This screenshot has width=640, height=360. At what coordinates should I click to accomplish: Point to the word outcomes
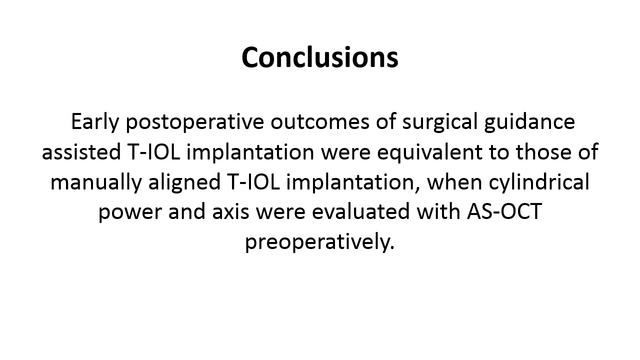click(x=320, y=121)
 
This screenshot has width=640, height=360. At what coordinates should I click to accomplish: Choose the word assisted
click(x=81, y=151)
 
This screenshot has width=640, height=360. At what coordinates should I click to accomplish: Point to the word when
click(x=455, y=181)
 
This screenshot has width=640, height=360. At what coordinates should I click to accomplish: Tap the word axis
click(x=230, y=212)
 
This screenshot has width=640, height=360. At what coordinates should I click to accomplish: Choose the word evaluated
click(x=361, y=211)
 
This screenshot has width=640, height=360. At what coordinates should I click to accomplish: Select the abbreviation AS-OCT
click(x=504, y=211)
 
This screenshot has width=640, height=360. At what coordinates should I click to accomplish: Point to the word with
click(x=438, y=211)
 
